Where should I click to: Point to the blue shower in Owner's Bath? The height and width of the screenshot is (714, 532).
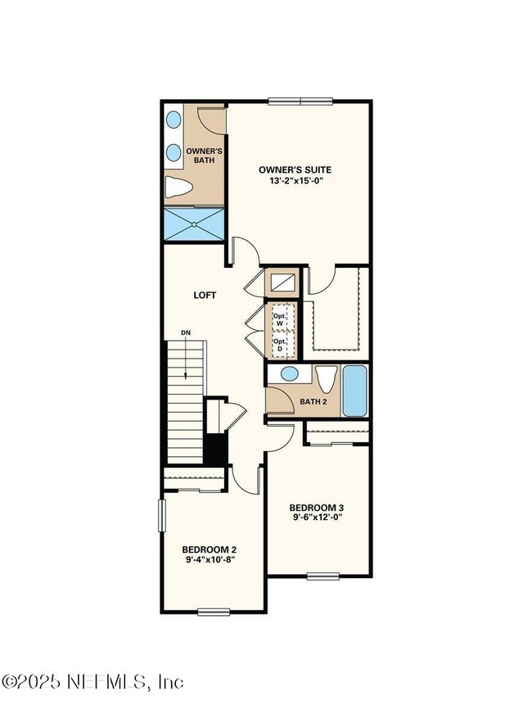coord(193,224)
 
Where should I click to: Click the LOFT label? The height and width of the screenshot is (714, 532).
coord(205,295)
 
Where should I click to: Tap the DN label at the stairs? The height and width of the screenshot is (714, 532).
coord(186,332)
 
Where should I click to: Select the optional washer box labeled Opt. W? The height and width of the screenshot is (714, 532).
coord(281,317)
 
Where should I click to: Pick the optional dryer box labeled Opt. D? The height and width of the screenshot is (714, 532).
coord(281,345)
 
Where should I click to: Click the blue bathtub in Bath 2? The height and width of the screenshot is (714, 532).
coord(354,391)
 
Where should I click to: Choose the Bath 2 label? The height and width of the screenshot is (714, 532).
coord(313,402)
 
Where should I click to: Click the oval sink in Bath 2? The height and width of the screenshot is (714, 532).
coord(289,374)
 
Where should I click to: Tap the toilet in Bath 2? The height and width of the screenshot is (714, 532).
coord(327,380)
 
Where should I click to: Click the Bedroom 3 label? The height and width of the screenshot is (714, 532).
coord(318,505)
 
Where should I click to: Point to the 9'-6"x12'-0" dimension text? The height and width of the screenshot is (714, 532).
coord(318,517)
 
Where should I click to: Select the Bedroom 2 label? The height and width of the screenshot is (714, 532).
coord(210,549)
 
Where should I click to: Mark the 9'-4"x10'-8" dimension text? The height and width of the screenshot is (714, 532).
coord(210,561)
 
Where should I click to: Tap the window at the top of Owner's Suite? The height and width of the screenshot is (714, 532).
coord(301,102)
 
